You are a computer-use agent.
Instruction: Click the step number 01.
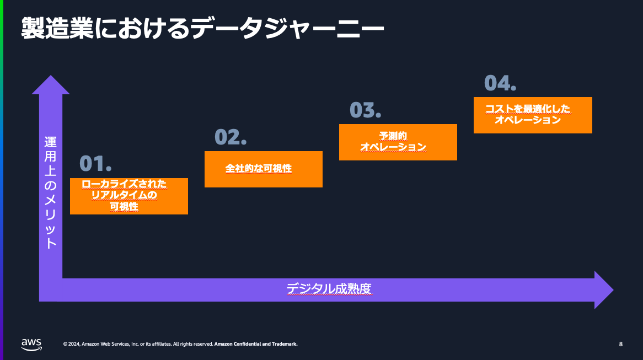(95, 163)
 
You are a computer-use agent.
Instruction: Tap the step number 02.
(230, 137)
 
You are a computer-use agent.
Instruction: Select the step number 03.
(365, 110)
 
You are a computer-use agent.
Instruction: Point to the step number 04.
(500, 83)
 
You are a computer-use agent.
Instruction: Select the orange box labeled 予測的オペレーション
(398, 142)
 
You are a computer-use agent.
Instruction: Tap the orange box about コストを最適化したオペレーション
(533, 115)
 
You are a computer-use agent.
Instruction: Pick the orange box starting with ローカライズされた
(128, 196)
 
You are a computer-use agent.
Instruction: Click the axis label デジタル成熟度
(329, 289)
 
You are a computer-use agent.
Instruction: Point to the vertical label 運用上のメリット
(51, 193)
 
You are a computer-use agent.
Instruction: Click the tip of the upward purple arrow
(51, 78)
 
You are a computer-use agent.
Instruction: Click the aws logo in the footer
(31, 344)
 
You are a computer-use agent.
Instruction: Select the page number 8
(620, 345)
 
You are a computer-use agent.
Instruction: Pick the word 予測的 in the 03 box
(393, 136)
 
